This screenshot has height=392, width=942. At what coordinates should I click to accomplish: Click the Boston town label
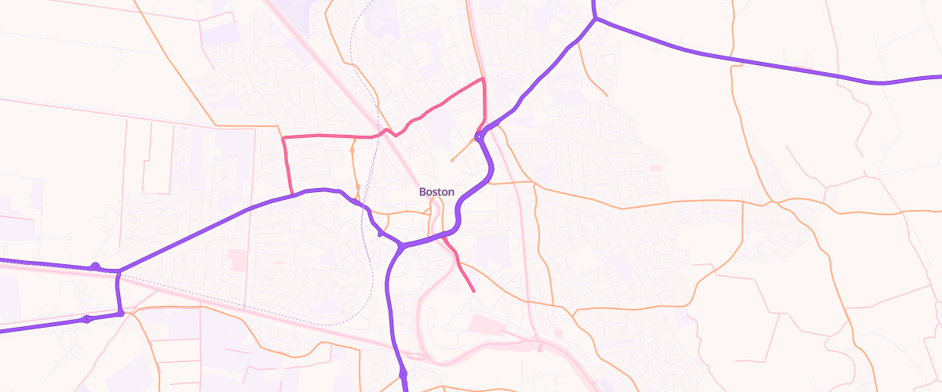click(436, 191)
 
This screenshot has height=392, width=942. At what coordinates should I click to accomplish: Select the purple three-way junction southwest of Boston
click(401, 246)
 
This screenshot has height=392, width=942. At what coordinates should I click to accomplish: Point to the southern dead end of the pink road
click(474, 291)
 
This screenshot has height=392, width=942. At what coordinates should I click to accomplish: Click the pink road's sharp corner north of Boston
click(483, 79)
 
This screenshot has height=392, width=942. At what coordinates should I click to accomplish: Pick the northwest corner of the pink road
click(283, 137)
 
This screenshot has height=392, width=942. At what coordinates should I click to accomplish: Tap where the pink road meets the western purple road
click(293, 194)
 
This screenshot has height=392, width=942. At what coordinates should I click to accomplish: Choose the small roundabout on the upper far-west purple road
click(95, 267)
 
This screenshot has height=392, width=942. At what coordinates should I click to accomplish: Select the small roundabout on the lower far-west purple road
click(86, 319)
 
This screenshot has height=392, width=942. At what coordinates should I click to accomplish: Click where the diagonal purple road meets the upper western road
click(119, 271)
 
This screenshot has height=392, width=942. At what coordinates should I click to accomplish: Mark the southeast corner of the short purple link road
click(122, 314)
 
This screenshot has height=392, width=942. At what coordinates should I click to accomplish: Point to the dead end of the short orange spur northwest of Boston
click(452, 161)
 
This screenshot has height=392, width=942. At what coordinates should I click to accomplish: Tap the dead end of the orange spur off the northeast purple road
click(606, 96)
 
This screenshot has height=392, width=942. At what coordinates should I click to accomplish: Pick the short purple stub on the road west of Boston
click(381, 232)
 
